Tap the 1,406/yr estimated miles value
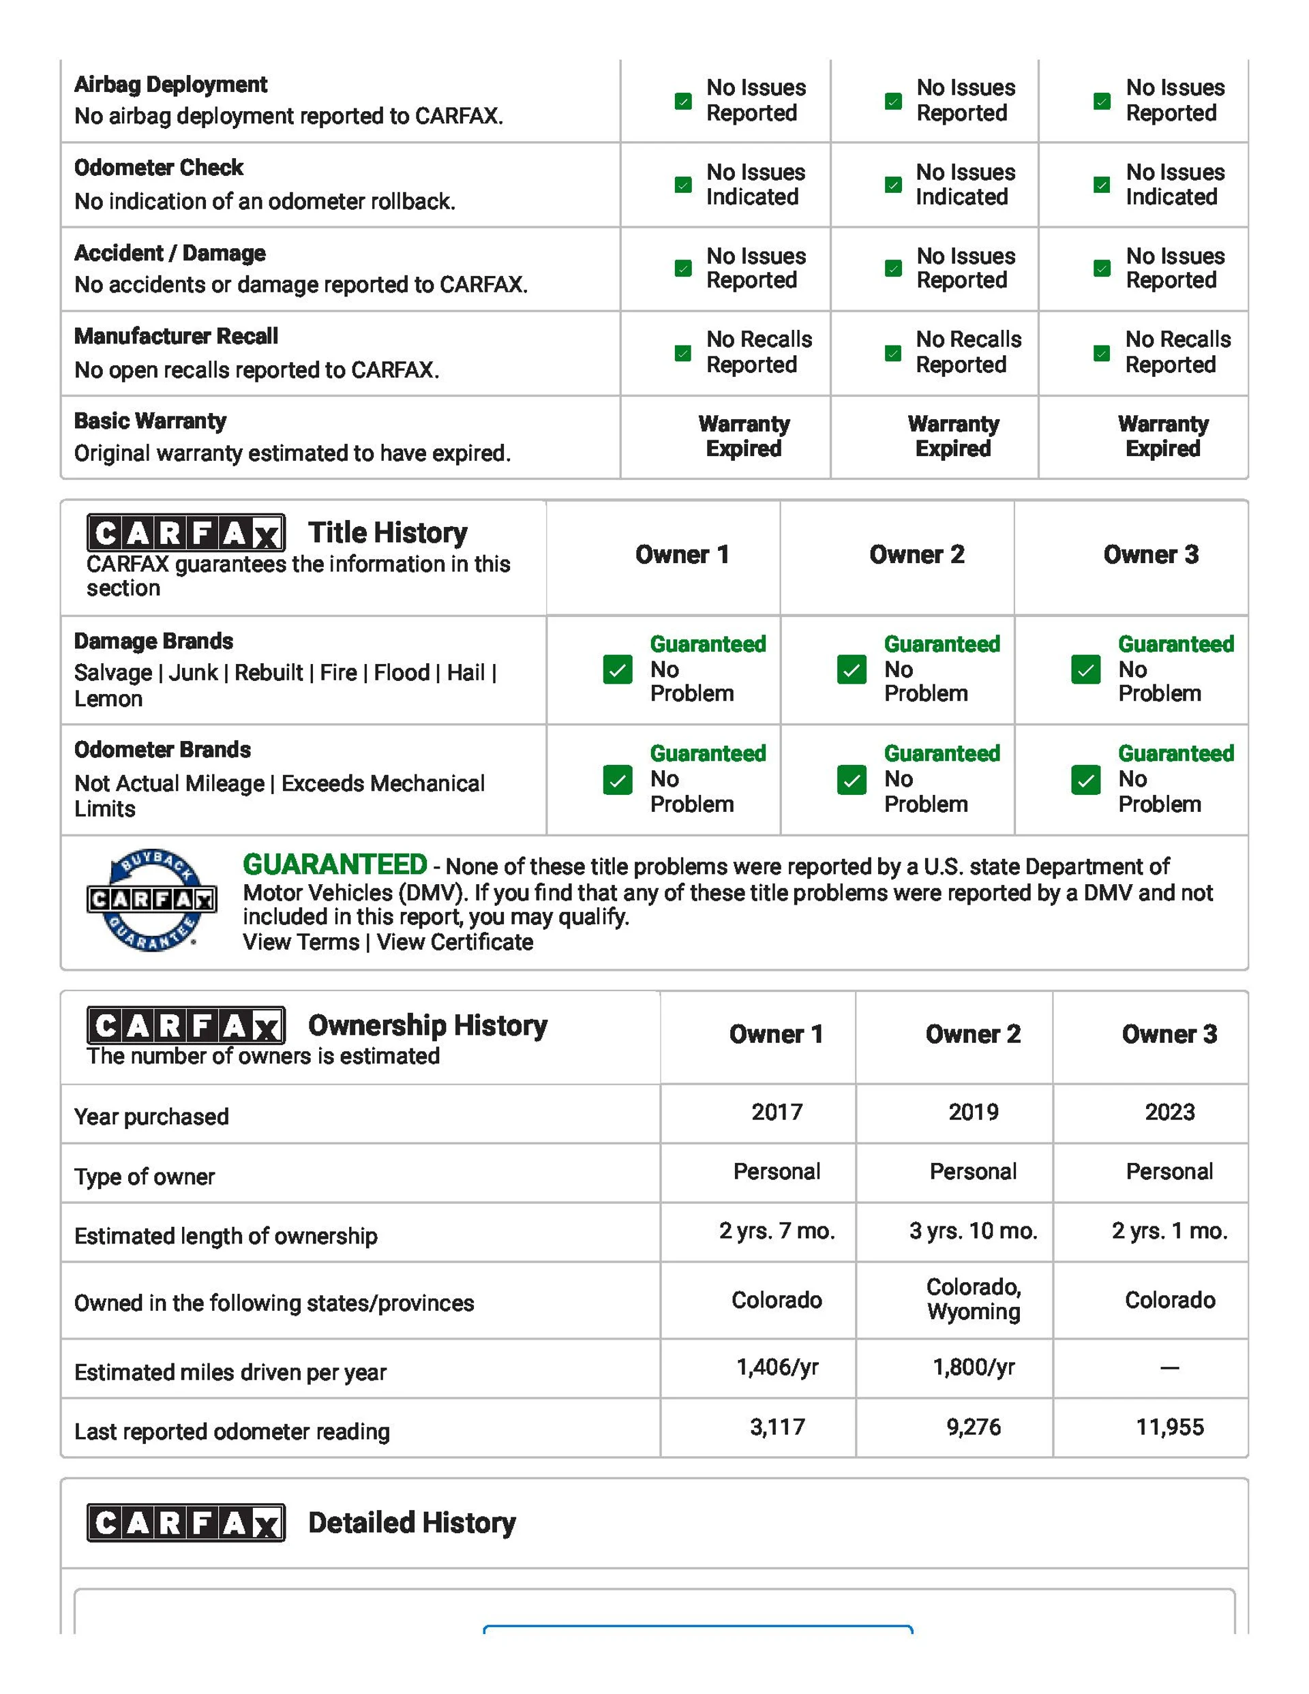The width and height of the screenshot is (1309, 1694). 777,1367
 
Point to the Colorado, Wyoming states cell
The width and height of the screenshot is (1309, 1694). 973,1299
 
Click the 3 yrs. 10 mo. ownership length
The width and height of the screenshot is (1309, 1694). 973,1230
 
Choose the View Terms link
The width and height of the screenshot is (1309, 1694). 300,941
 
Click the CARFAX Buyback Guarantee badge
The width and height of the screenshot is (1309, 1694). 151,900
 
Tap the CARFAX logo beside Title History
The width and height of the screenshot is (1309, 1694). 185,533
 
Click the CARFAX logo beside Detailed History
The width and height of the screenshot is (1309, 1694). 185,1523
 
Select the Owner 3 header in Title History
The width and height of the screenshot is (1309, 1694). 1151,555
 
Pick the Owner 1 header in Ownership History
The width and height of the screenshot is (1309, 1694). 776,1034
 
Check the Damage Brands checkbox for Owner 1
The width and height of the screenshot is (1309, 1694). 618,669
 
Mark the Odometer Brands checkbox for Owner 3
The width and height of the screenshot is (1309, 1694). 1085,780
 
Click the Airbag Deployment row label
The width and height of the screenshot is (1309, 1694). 170,84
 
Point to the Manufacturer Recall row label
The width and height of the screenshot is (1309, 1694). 176,336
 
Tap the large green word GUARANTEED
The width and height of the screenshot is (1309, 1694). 335,864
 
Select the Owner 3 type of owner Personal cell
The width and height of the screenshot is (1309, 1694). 1169,1171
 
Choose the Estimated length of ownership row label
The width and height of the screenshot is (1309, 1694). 226,1236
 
